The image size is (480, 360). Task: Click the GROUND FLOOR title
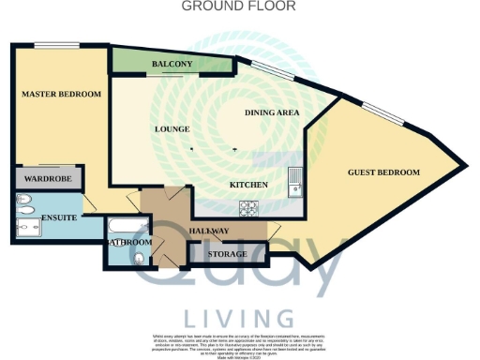point(238,6)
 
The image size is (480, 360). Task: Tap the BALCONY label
point(172,64)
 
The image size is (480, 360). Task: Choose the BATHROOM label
point(127,242)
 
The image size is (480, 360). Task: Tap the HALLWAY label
point(207,232)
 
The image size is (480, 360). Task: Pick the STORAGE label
point(228,254)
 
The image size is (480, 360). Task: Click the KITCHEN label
point(250,185)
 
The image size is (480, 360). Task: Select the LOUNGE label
point(172,128)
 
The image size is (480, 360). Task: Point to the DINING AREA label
point(272,112)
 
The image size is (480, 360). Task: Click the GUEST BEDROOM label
point(383,172)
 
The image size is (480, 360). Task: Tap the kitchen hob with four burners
point(250,207)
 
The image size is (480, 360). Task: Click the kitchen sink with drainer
point(295,178)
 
